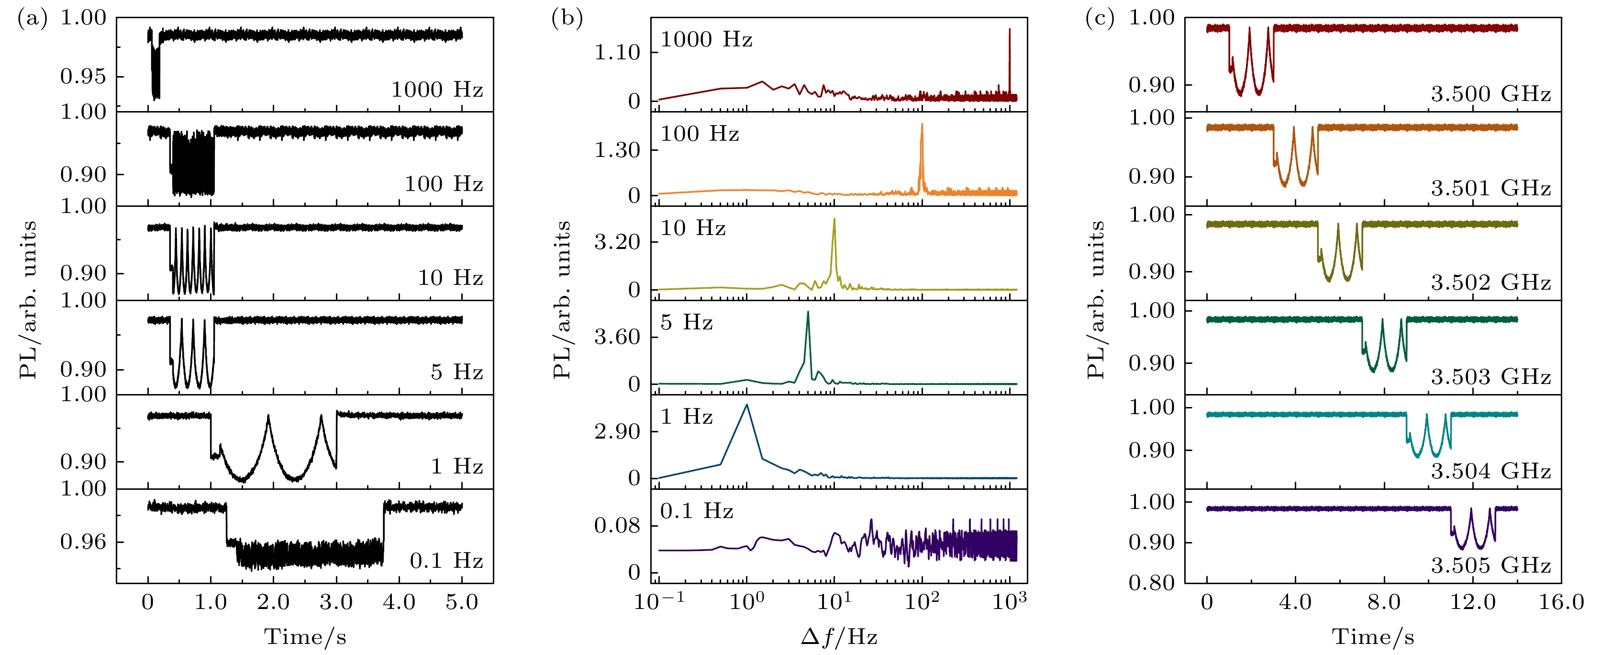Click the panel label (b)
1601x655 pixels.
[566, 19]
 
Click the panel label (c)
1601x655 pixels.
[1100, 19]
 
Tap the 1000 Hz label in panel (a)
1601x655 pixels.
[437, 90]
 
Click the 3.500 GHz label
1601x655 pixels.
[1490, 94]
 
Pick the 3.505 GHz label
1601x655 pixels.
[1490, 565]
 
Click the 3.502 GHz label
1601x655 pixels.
[1490, 283]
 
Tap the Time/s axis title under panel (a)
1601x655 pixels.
[305, 637]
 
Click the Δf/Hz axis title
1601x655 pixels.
[838, 637]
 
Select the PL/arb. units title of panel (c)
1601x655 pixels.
[1096, 300]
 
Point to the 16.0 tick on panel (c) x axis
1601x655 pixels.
[1561, 603]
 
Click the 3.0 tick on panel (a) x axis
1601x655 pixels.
[336, 603]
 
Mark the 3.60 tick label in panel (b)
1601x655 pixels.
[617, 337]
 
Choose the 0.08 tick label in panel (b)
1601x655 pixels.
[617, 526]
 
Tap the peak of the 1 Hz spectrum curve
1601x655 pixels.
[746, 405]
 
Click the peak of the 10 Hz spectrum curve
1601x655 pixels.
[834, 219]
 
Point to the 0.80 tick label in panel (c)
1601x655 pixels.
[1151, 583]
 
